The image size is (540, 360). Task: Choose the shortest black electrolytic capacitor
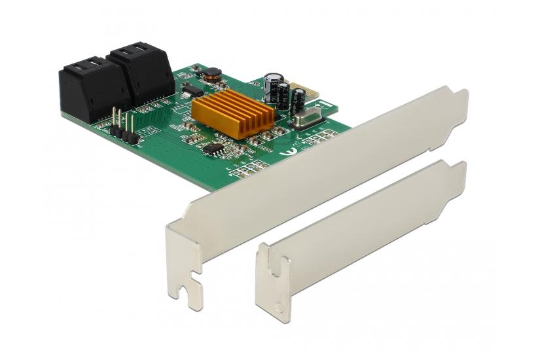(298, 99)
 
